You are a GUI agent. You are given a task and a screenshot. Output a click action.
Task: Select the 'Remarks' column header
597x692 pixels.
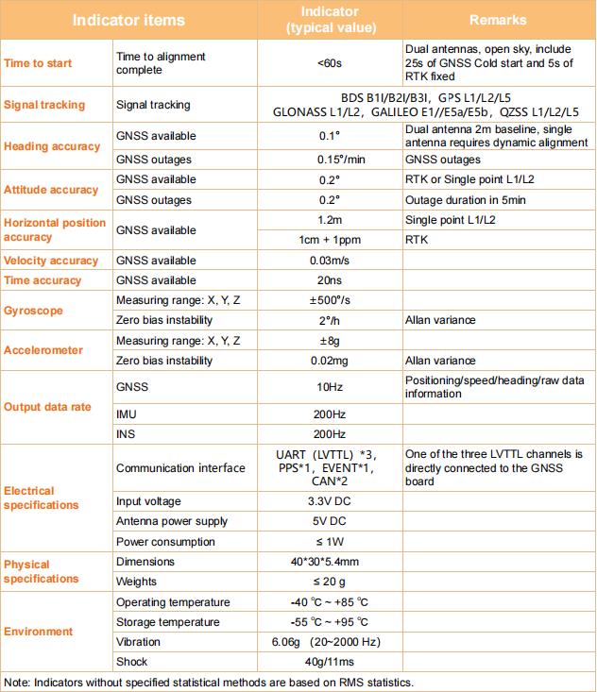point(498,19)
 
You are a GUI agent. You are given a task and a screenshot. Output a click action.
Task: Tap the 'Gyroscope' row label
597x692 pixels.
point(33,310)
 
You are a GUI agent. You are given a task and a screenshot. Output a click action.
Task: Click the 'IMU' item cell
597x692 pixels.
point(127,414)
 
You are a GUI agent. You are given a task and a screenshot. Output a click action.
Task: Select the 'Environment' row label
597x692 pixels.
point(39,632)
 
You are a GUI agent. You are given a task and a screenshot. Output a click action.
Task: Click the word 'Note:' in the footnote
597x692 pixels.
point(18,682)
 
